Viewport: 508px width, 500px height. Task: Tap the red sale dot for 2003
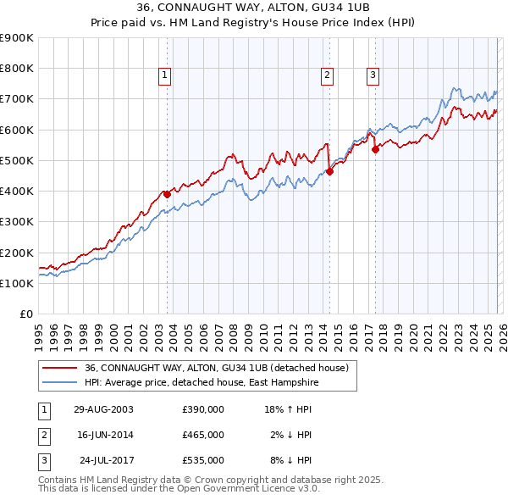pyautogui.click(x=167, y=194)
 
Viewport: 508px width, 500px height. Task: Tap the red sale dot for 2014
pyautogui.click(x=329, y=171)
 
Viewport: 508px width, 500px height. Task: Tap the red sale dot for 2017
pyautogui.click(x=375, y=150)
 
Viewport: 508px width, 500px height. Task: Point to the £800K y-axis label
pyautogui.click(x=17, y=69)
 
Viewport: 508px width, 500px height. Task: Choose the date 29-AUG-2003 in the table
pyautogui.click(x=103, y=408)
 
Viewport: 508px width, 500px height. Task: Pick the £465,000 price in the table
pyautogui.click(x=203, y=435)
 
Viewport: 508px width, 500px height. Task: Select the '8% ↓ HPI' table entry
pyautogui.click(x=291, y=461)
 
